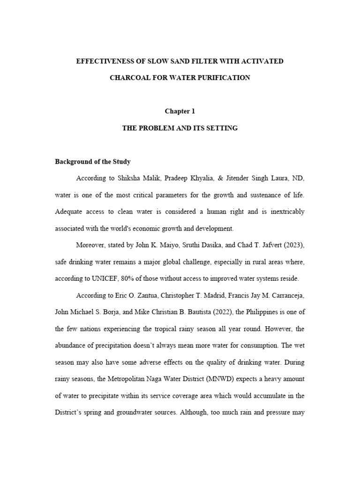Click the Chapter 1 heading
click(x=180, y=111)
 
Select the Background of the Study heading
click(x=93, y=162)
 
